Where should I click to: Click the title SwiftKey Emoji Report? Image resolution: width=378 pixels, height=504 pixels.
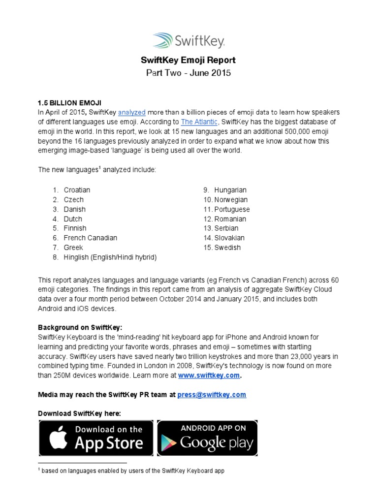click(189, 60)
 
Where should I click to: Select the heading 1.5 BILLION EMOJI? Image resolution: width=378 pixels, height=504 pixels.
click(69, 102)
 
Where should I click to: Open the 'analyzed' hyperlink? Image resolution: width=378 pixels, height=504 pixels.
click(131, 112)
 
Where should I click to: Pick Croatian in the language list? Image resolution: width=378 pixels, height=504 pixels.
click(77, 190)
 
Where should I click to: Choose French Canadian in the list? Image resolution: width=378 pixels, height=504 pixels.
click(90, 238)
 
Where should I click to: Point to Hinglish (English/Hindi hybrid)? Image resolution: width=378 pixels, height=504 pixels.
click(110, 257)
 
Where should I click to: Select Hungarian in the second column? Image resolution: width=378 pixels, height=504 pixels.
click(230, 190)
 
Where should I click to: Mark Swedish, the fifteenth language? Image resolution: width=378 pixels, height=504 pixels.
click(227, 248)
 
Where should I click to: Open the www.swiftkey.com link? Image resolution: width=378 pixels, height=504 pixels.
click(209, 376)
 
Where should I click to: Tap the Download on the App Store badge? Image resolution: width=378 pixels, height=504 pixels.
click(96, 438)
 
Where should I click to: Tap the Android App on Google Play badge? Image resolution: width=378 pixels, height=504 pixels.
click(207, 438)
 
